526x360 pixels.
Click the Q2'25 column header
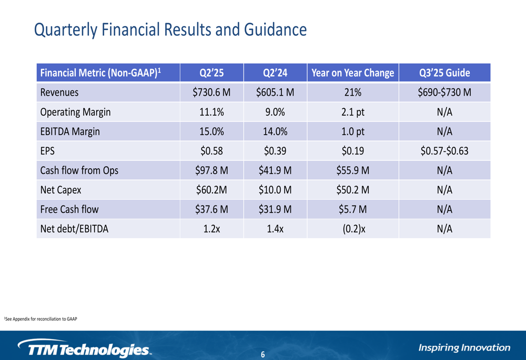point(212,73)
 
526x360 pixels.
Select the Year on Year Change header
point(352,73)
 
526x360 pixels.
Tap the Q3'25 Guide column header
point(444,73)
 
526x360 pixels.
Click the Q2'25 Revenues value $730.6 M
point(212,92)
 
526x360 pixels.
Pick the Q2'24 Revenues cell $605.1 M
point(275,92)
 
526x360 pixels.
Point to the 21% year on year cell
point(352,92)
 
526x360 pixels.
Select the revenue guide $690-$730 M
point(444,92)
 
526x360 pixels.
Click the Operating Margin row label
point(75,112)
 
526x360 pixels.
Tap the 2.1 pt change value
point(352,112)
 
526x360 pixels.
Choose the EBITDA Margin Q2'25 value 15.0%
point(212,131)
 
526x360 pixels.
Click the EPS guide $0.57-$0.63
point(444,151)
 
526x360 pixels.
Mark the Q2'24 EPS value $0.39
point(275,151)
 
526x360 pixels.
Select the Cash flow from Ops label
point(79,170)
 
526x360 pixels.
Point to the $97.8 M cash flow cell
point(212,170)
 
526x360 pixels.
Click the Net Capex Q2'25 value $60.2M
point(212,190)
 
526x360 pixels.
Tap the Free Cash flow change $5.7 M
point(352,209)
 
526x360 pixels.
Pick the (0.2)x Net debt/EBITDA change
point(352,229)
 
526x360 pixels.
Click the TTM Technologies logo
point(84,348)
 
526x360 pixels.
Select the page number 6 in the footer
point(263,355)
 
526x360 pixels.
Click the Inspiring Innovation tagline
point(464,347)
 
